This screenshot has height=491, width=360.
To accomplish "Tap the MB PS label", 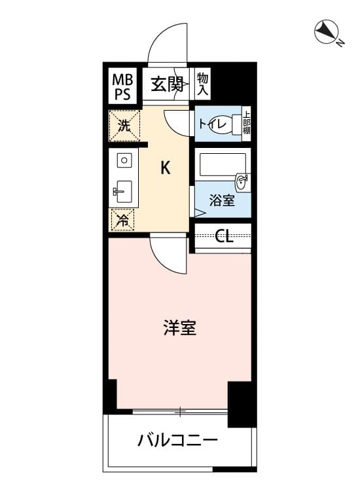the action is click(x=122, y=86).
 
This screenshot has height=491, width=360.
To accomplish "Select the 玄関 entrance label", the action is click(x=166, y=84).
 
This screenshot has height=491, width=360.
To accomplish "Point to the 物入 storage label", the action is click(x=202, y=84).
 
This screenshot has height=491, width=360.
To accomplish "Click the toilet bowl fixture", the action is click(x=234, y=124).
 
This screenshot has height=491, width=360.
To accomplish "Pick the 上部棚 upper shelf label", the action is click(x=247, y=122).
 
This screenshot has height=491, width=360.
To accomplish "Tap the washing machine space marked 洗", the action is click(x=124, y=126).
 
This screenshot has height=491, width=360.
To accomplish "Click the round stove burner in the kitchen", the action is click(x=124, y=160).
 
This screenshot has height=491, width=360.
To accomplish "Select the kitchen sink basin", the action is click(x=124, y=192).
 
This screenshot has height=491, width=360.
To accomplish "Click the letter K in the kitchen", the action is click(x=166, y=168).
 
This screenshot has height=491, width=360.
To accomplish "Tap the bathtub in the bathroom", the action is click(x=223, y=165).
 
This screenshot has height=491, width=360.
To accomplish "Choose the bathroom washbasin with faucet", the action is click(x=242, y=182).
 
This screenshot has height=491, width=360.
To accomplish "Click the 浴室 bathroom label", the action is click(x=222, y=200).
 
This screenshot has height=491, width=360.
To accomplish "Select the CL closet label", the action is click(x=224, y=236).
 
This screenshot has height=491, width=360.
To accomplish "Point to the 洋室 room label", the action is click(x=180, y=327).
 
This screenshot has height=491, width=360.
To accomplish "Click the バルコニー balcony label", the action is click(x=177, y=441).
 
